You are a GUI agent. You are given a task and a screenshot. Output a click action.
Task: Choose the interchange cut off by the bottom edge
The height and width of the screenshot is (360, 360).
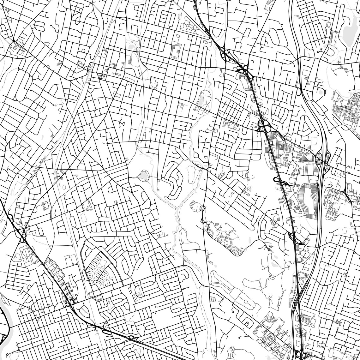click(300, 355)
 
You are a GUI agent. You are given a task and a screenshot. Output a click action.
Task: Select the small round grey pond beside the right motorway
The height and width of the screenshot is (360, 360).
click(320, 92)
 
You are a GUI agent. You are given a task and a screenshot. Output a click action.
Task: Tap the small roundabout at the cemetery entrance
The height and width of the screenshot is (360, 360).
click(207, 223)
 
